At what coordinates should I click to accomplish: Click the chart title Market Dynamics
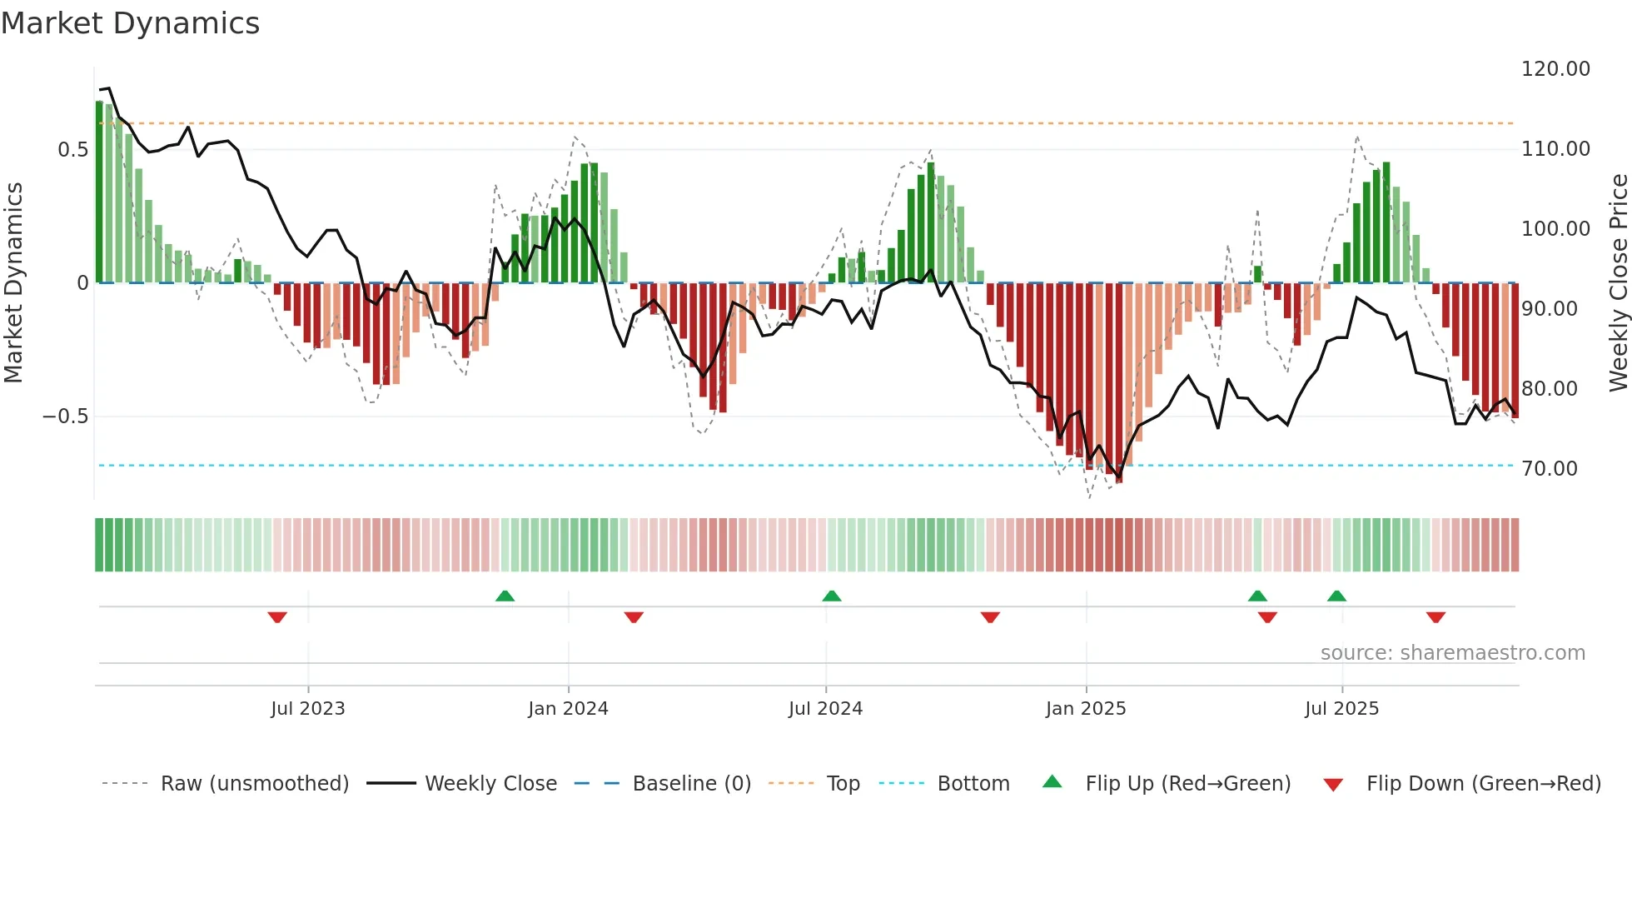[x=131, y=23]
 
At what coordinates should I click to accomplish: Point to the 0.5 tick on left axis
[x=72, y=150]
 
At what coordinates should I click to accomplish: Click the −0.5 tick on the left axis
[x=66, y=417]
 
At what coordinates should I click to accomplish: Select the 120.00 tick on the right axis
[x=1555, y=69]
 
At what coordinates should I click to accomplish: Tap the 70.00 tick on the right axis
[x=1550, y=469]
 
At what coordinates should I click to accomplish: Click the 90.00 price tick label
[x=1550, y=309]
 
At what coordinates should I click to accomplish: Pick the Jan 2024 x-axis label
[x=568, y=709]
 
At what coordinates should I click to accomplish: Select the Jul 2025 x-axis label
[x=1341, y=709]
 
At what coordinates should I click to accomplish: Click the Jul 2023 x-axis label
[x=307, y=709]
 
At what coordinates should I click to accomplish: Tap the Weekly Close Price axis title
[x=1618, y=282]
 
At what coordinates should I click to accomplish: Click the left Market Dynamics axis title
[x=13, y=282]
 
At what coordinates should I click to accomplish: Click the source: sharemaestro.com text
[x=1452, y=653]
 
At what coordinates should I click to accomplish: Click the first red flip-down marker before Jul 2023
[x=277, y=617]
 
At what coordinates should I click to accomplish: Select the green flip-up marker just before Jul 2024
[x=831, y=596]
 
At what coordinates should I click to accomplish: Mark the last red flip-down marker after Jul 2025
[x=1435, y=617]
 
